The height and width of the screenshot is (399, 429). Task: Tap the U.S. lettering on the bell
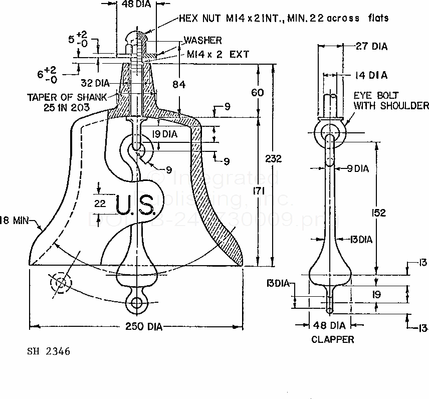[134, 205]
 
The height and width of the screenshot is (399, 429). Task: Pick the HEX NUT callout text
[283, 18]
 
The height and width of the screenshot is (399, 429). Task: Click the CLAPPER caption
[333, 339]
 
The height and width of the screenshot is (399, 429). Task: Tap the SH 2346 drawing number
[49, 351]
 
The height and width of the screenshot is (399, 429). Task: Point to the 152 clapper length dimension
[379, 213]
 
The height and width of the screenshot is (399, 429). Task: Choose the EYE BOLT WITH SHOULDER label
[391, 100]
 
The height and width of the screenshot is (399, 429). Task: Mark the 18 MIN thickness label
[15, 219]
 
